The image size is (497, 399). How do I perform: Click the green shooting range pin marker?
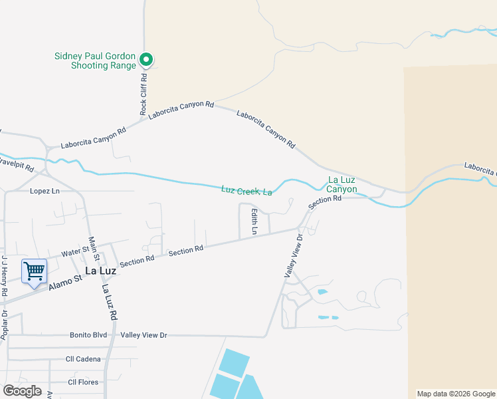pyautogui.click(x=146, y=60)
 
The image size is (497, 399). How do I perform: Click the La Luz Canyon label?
pyautogui.click(x=342, y=185)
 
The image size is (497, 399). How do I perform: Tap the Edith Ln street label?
pyautogui.click(x=254, y=221)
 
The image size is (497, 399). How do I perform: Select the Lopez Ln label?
pyautogui.click(x=45, y=191)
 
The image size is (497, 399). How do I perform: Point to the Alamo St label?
pyautogui.click(x=64, y=283)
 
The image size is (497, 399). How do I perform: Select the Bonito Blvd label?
pyautogui.click(x=88, y=335)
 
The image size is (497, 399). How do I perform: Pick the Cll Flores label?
pyautogui.click(x=82, y=382)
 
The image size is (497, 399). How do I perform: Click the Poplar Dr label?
pyautogui.click(x=4, y=325)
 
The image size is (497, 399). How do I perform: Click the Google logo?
pyautogui.click(x=22, y=391)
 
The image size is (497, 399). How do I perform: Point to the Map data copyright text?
pyautogui.click(x=455, y=394)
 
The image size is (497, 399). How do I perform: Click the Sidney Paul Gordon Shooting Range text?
pyautogui.click(x=94, y=61)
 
